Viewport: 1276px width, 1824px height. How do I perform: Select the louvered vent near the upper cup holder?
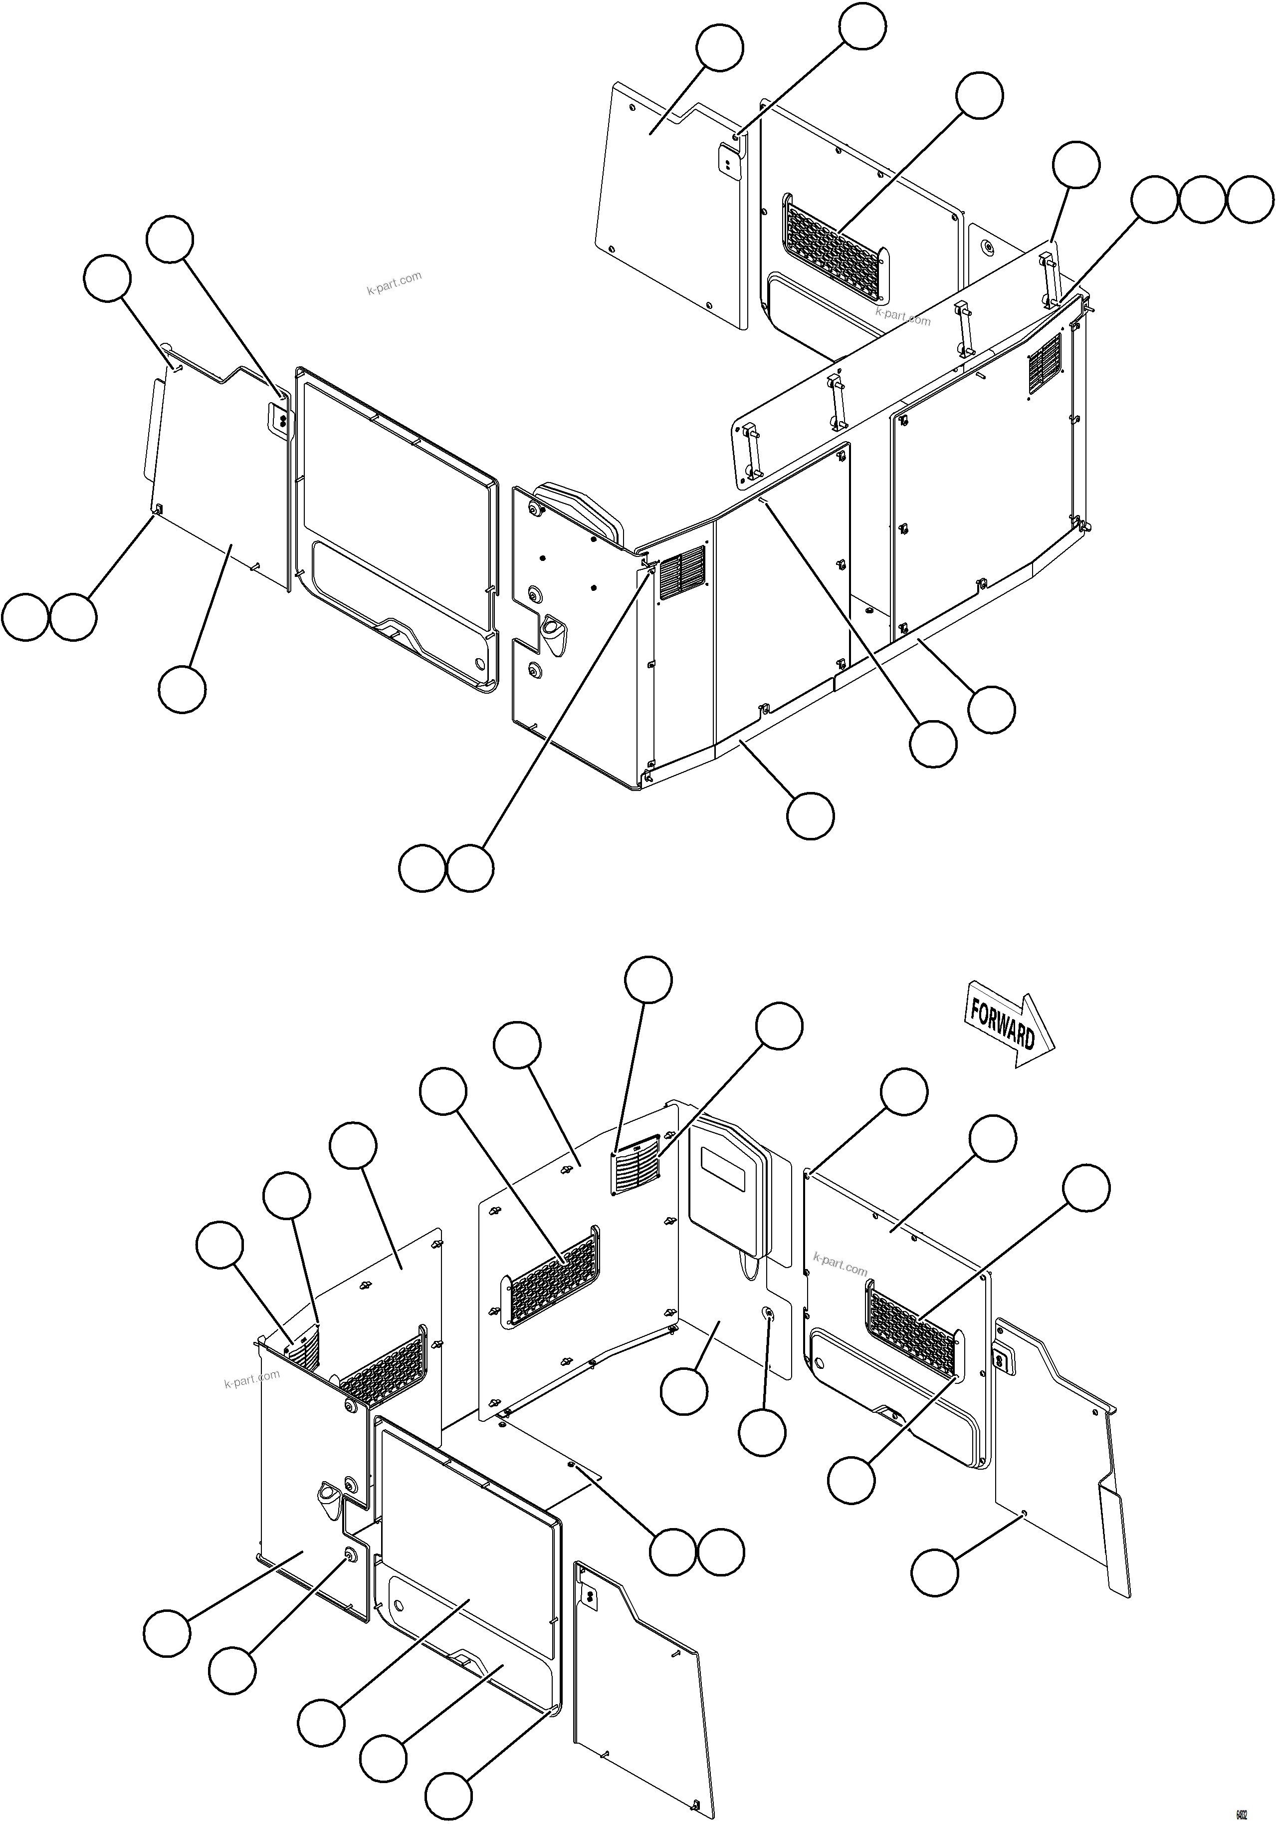point(682,565)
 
